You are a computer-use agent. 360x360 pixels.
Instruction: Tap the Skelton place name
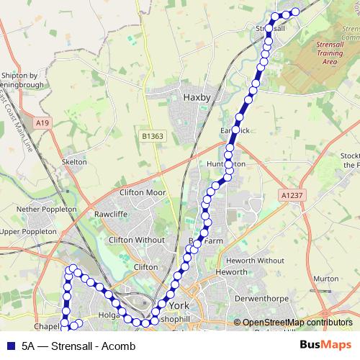tap(75, 162)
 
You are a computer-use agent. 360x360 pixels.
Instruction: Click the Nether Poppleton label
tap(47, 209)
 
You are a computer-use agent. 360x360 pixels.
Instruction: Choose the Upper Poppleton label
tap(29, 232)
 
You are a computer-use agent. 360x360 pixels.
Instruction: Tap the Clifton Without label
tap(136, 240)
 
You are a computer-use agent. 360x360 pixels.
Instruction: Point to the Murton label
tap(325, 278)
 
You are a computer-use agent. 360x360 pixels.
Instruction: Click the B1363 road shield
tap(152, 135)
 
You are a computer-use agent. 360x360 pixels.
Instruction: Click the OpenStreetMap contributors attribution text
tap(297, 323)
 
